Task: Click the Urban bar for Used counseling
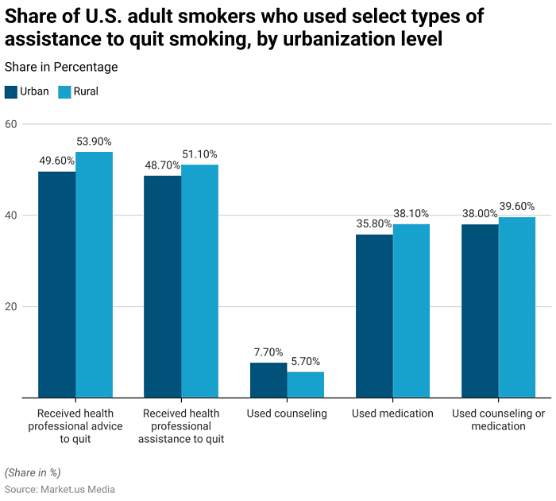[x=268, y=380]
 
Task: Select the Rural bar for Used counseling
[x=306, y=385]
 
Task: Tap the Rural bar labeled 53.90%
[x=94, y=274]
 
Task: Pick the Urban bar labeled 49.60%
[x=56, y=285]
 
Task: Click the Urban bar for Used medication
[x=374, y=316]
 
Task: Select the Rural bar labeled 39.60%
[x=517, y=307]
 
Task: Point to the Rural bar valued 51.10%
[x=199, y=281]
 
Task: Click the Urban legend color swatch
[x=11, y=91]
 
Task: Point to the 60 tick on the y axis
[x=11, y=124]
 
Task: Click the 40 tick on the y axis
[x=11, y=216]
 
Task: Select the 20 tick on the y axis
[x=11, y=307]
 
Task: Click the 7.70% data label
[x=268, y=352]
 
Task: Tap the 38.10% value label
[x=411, y=213]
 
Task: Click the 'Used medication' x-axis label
[x=392, y=414]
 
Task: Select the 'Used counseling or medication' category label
[x=498, y=420]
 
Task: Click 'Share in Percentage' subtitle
[x=61, y=68]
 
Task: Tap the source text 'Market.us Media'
[x=78, y=489]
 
